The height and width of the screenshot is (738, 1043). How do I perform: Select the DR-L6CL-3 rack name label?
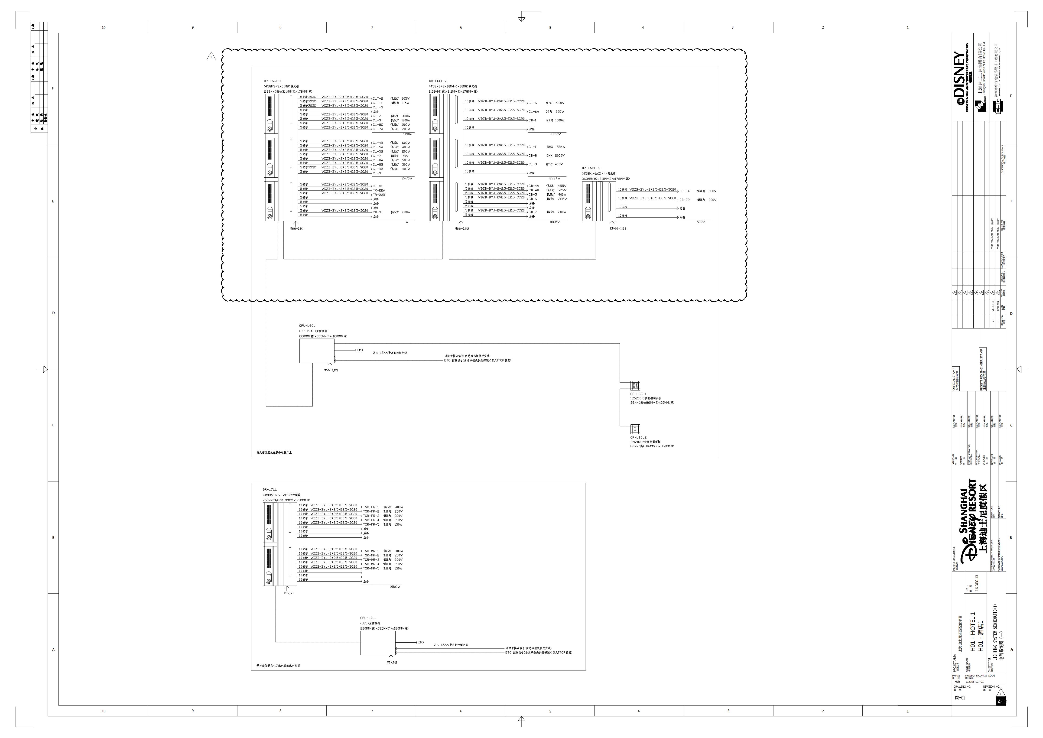coord(591,168)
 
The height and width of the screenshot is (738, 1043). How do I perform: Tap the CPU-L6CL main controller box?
coord(317,351)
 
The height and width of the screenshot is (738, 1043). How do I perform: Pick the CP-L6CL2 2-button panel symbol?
coord(635,429)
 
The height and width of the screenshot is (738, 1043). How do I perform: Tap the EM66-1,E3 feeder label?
coord(618,229)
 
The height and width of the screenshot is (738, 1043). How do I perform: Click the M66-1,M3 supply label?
coord(331,370)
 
